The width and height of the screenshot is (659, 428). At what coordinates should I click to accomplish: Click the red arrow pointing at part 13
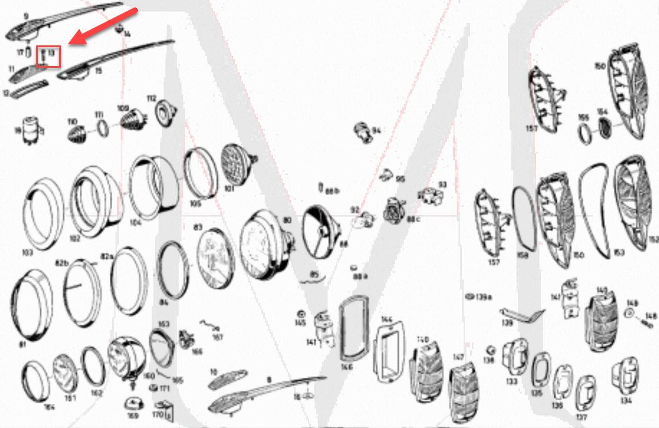coord(103,26)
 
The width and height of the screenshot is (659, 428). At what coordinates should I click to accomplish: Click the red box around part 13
coord(49,56)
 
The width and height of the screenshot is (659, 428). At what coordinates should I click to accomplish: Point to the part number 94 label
coord(376,130)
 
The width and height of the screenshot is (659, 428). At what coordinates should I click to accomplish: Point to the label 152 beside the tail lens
coord(653,238)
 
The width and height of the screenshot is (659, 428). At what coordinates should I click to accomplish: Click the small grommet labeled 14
coord(119,29)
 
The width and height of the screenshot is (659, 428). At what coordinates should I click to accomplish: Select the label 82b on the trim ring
coord(61,263)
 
